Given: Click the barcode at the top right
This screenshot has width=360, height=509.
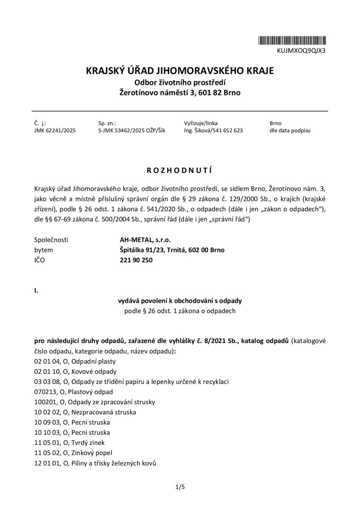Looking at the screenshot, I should [x=293, y=41].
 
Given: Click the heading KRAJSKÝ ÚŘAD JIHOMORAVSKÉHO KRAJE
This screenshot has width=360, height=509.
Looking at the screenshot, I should [x=180, y=70].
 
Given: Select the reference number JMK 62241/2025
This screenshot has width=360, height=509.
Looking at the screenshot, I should [x=55, y=131].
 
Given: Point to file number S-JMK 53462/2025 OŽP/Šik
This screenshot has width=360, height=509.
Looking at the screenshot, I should [x=132, y=131].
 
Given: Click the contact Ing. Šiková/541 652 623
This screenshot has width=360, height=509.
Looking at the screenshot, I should [x=214, y=131].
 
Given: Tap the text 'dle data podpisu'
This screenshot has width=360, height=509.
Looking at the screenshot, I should [x=290, y=131].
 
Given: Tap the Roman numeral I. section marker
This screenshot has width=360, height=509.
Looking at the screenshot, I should [x=36, y=291].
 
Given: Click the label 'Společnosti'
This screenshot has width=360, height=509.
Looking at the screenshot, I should [x=51, y=240].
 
